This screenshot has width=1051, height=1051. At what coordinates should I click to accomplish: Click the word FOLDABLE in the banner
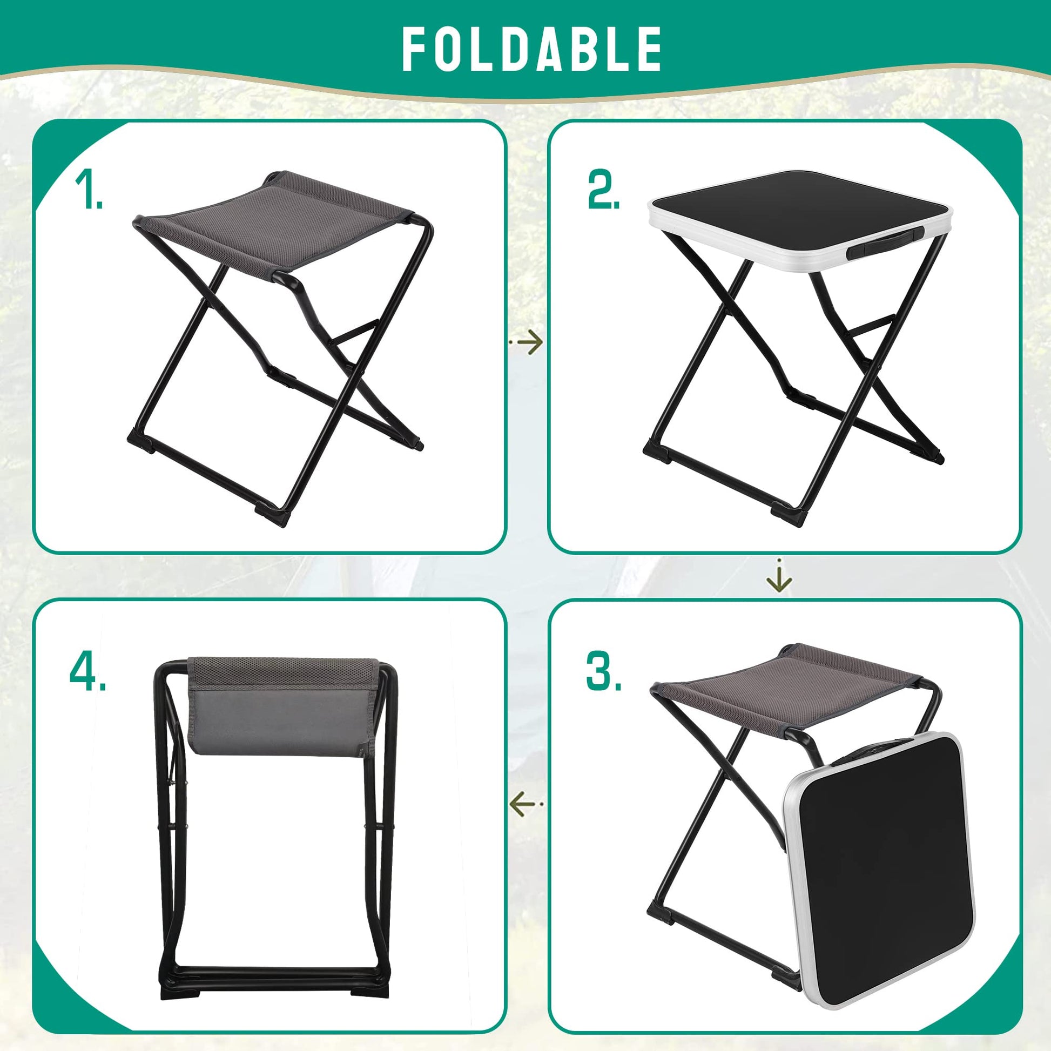(531, 50)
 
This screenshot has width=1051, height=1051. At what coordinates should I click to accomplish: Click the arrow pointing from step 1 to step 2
(525, 342)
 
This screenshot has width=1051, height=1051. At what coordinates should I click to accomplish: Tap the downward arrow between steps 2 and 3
(779, 576)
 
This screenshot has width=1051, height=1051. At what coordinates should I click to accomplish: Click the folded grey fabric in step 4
(282, 705)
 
